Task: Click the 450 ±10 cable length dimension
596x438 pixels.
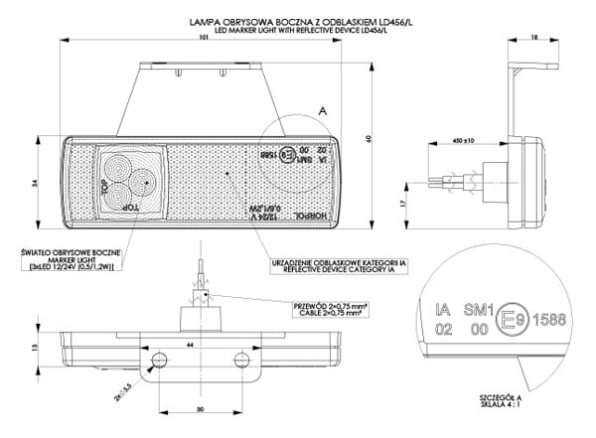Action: [x=462, y=141]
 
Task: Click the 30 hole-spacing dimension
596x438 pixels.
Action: [x=202, y=410]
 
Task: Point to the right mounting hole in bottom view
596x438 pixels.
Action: [x=239, y=358]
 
